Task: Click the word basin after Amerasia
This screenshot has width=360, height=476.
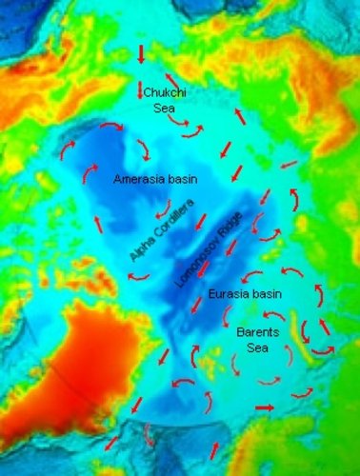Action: click(x=181, y=179)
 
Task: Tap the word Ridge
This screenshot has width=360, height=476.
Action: click(x=234, y=227)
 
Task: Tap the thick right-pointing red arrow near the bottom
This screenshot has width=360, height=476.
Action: click(x=264, y=407)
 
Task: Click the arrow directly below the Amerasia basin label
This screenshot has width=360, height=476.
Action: click(x=164, y=206)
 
